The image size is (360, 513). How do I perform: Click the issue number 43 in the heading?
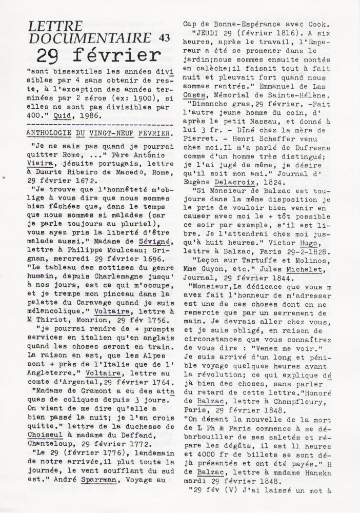164,37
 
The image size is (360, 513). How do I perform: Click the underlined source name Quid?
62,116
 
